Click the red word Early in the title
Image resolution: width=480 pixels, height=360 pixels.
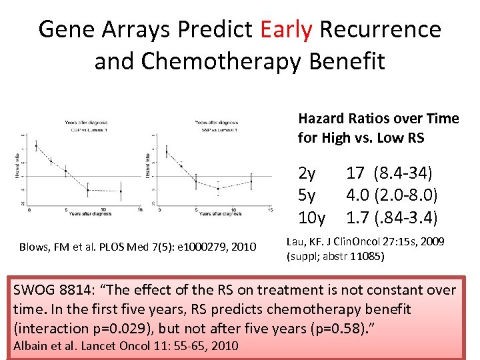tap(287, 29)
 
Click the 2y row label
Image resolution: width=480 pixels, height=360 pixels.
tap(307, 174)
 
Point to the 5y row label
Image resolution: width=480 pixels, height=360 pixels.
tap(307, 195)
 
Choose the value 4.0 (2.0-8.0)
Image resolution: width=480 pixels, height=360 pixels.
tap(391, 195)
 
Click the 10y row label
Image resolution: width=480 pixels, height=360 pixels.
tap(311, 217)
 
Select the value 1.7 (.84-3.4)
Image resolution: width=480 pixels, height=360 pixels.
tap(391, 217)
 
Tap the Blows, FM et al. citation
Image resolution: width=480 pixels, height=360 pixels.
tap(137, 248)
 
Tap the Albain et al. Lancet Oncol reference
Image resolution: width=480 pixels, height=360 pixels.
tap(123, 345)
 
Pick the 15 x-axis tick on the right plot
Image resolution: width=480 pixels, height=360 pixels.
tap(269, 210)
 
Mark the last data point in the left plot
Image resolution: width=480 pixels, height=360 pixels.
tap(121, 191)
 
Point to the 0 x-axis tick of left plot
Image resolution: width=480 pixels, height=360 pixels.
tap(29, 210)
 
